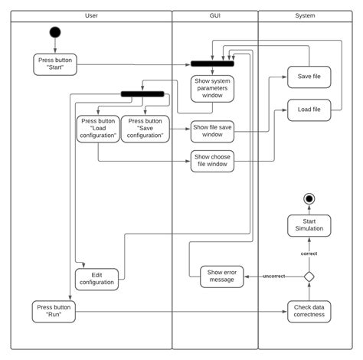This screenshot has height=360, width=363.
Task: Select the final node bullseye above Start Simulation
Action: coord(309,199)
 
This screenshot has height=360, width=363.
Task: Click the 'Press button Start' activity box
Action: coord(55,64)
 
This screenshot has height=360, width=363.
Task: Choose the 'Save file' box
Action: coord(309,77)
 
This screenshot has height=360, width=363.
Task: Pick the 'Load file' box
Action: coord(309,110)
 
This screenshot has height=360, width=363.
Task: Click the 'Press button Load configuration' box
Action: coord(97,128)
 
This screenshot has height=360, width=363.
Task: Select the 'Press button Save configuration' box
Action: coord(145,128)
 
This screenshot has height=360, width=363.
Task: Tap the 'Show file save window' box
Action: coord(212,131)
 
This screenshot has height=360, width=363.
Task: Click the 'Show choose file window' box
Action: coord(212,162)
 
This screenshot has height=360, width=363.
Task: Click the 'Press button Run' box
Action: coord(55,311)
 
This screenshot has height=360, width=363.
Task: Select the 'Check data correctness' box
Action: coord(309,311)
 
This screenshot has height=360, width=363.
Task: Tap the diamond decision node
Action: coord(309,277)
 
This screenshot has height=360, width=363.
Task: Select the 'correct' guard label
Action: coord(309,253)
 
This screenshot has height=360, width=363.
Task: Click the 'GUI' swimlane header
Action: coord(214,15)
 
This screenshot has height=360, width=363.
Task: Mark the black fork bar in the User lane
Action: coord(142,94)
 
